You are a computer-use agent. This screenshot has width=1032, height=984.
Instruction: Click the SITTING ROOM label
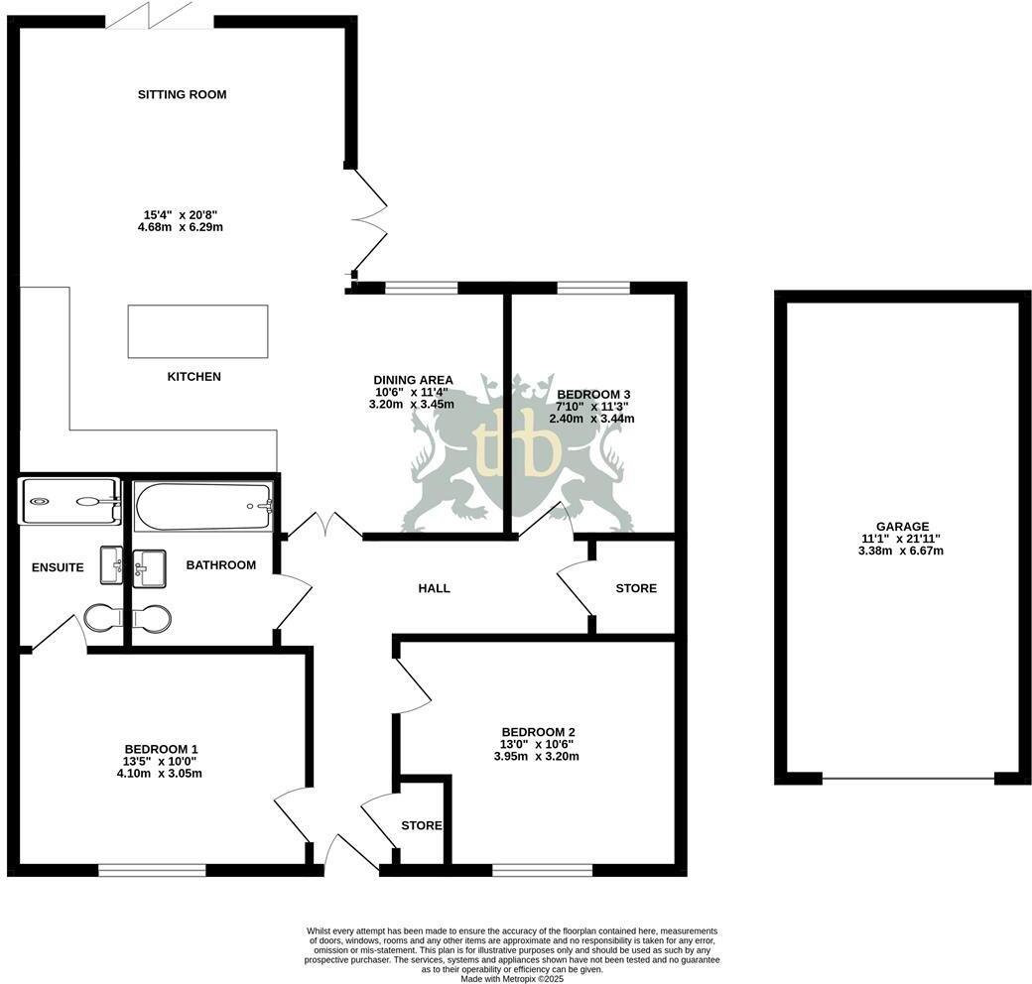point(182,95)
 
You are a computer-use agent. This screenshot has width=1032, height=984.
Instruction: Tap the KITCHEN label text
point(193,377)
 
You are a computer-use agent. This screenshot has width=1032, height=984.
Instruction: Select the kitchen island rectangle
point(197,331)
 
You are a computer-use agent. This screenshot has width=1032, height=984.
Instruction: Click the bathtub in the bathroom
point(203,506)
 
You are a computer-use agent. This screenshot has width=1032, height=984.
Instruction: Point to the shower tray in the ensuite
point(69,501)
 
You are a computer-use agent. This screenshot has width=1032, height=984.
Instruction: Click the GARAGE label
point(902,527)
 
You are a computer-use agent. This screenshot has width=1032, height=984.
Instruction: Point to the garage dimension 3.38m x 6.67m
point(902,551)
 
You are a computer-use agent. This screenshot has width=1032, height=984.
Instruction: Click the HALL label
point(434,588)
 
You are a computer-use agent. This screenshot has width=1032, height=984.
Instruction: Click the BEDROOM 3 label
point(593,394)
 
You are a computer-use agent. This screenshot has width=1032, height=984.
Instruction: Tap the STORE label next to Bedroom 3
point(636,588)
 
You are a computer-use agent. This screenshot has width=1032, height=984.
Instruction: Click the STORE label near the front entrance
point(421,825)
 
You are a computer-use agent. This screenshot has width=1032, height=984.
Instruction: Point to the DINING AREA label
point(413,380)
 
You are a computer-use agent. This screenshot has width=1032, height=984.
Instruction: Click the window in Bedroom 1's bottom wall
point(152,870)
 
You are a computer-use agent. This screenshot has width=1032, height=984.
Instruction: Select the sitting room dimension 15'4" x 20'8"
point(182,214)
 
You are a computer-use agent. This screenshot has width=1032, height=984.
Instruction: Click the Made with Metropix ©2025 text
point(512,978)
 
